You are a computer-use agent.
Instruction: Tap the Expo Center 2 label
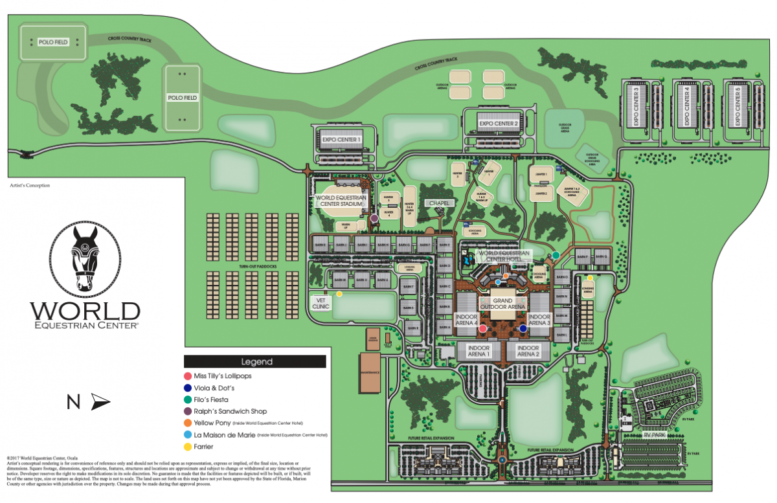[498, 123]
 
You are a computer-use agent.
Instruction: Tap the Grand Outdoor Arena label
[502, 304]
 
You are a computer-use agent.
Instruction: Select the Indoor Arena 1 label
[476, 351]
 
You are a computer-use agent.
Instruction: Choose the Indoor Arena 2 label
[528, 351]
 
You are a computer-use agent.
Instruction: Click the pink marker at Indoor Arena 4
[482, 329]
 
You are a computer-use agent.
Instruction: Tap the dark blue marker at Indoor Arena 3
[523, 329]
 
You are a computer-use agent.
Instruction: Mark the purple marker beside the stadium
[374, 219]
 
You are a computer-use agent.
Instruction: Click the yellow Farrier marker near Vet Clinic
[339, 294]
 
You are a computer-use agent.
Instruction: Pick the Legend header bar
[254, 362]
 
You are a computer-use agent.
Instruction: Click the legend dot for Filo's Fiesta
[188, 399]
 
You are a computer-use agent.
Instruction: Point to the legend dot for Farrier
[188, 447]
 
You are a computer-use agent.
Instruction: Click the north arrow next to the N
[100, 403]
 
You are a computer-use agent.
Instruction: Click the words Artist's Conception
[30, 185]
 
